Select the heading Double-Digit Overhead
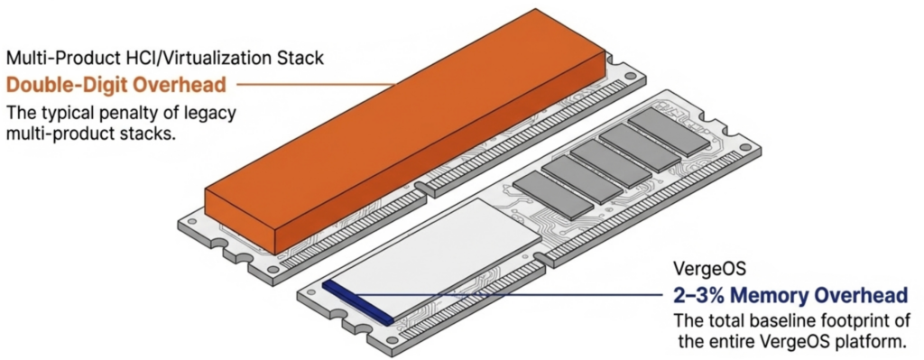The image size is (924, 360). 122,86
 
